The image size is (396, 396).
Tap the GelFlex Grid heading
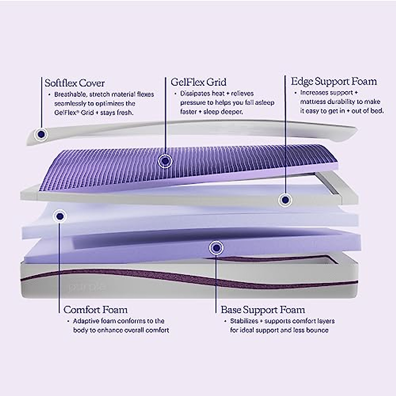[x=198, y=82]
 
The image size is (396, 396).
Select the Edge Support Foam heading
[x=334, y=81]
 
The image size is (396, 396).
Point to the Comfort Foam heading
[x=95, y=310]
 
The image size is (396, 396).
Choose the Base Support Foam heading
[x=263, y=310]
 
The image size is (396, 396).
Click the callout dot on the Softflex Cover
[x=41, y=134]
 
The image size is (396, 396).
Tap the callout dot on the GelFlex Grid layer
[x=165, y=161]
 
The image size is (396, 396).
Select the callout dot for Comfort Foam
[x=60, y=216]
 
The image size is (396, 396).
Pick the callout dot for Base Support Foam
[x=216, y=247]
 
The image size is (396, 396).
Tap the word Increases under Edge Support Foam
[x=314, y=93]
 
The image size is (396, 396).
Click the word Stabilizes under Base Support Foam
[x=244, y=321]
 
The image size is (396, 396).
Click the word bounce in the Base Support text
[x=317, y=330]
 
